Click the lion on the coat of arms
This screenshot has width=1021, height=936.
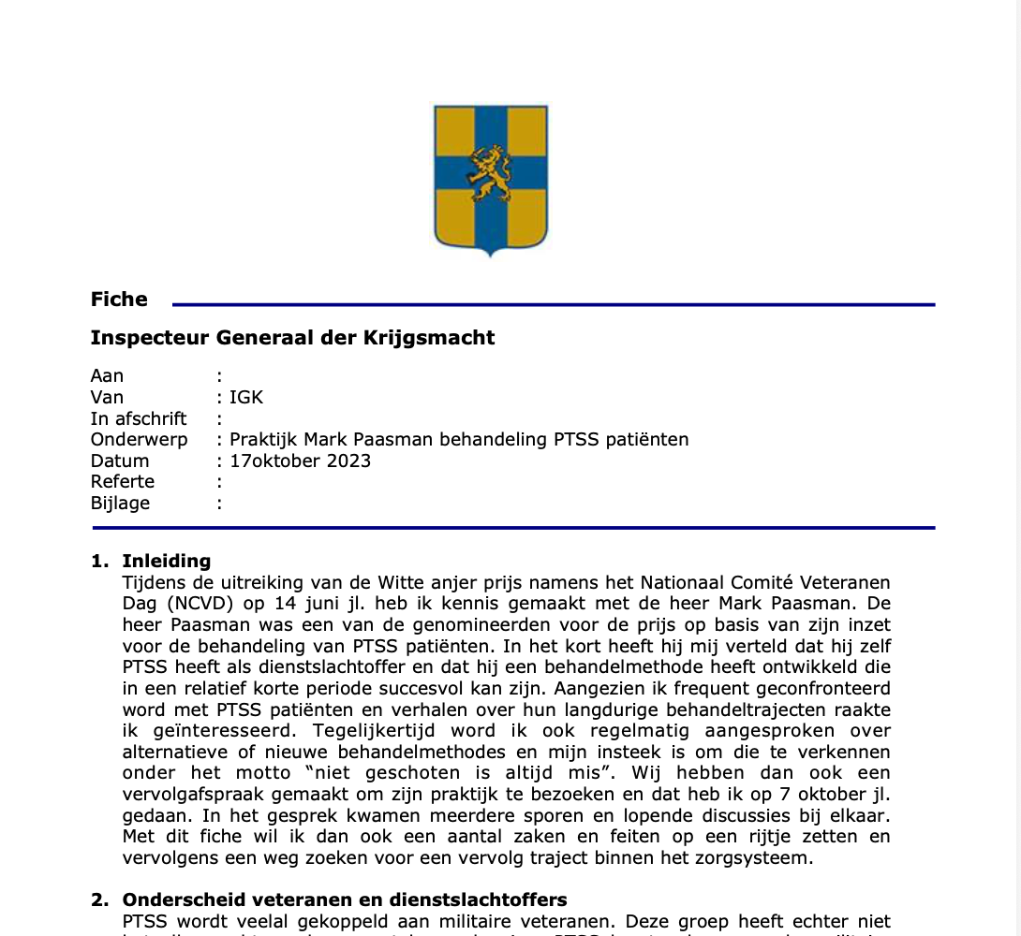(490, 173)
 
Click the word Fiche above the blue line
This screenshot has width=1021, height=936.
(119, 300)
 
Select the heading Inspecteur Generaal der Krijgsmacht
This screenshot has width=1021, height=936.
(292, 338)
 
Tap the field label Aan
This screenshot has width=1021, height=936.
(107, 375)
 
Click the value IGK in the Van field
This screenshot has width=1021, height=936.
(246, 397)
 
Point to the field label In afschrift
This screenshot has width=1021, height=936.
(139, 418)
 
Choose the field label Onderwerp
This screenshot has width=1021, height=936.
(139, 439)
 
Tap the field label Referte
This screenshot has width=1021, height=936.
(123, 481)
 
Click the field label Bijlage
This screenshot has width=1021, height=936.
(120, 503)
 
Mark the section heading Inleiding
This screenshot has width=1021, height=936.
(167, 561)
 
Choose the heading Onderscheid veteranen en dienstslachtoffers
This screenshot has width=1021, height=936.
(345, 899)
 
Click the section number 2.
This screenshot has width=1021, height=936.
(99, 899)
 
